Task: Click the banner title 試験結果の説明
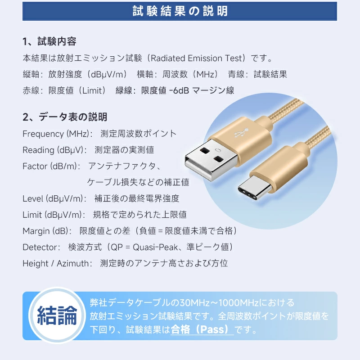click(180, 11)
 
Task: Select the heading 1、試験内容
click(49, 41)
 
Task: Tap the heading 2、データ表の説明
click(65, 117)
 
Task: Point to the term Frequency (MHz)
click(56, 134)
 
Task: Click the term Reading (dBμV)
click(53, 150)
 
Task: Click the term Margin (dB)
click(45, 231)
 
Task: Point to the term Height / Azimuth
click(56, 264)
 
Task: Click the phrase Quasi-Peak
click(155, 247)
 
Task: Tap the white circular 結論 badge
click(57, 315)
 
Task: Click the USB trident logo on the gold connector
click(241, 133)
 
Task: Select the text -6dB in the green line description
click(179, 90)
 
